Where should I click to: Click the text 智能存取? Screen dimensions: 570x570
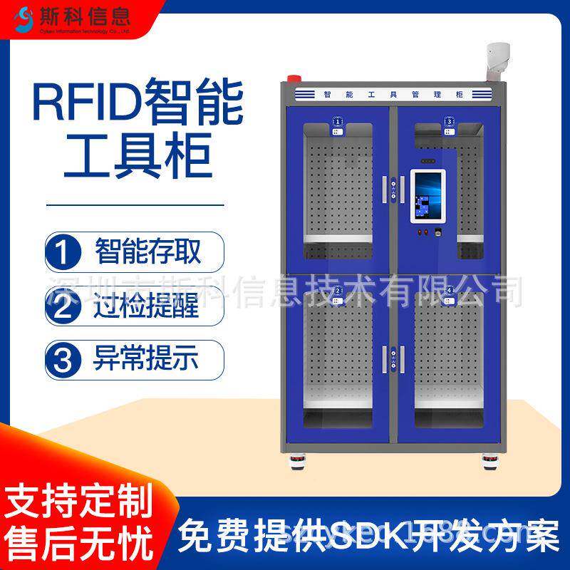pyautogui.click(x=148, y=252)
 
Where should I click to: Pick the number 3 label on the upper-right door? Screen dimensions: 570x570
pyautogui.click(x=449, y=123)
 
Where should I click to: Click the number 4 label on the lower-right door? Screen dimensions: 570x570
pyautogui.click(x=449, y=291)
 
